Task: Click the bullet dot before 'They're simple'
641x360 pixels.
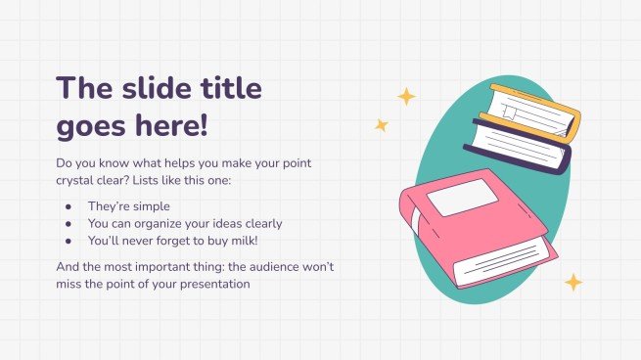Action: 67,207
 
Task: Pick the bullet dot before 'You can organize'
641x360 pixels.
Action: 67,224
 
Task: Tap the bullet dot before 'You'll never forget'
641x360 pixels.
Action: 67,241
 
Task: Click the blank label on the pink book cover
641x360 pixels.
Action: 455,200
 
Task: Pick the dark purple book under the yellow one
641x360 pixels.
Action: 519,144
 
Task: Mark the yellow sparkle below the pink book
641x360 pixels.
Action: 573,283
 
